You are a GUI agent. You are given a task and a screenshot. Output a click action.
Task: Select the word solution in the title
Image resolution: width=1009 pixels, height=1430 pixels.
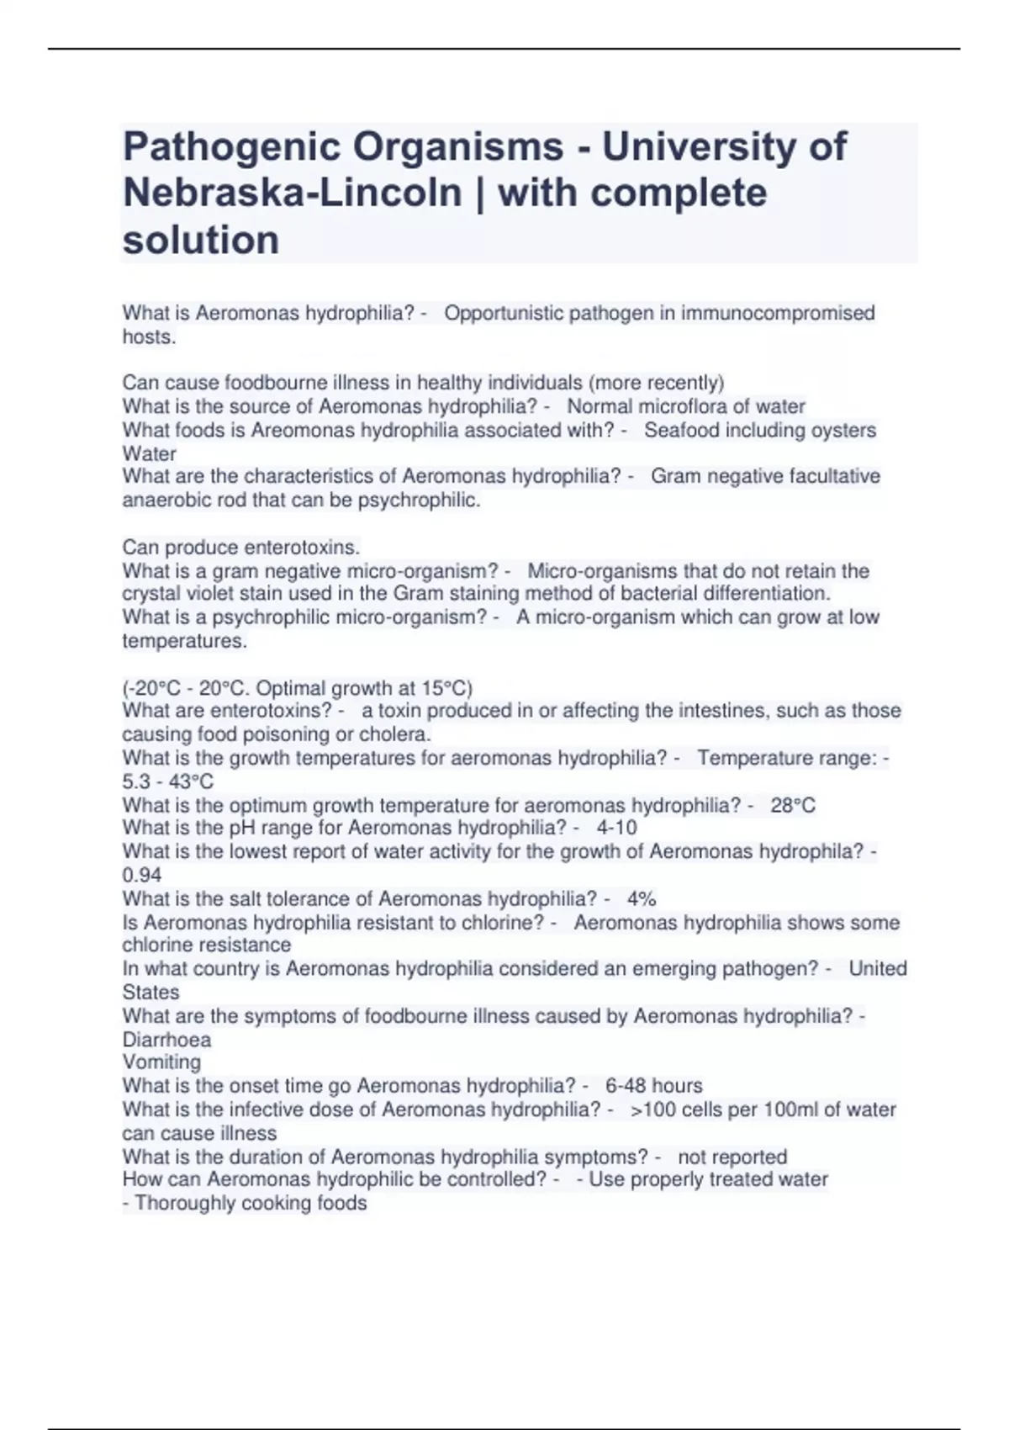(201, 240)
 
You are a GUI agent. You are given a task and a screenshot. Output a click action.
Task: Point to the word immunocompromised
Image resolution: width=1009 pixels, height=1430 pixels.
(778, 313)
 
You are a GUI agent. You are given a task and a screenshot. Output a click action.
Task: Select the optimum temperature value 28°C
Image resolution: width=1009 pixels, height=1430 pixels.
(793, 805)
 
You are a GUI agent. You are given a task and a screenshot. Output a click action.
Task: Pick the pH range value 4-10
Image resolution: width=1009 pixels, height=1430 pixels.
(616, 828)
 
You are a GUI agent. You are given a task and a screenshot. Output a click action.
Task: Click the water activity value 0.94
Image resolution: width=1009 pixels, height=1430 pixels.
(142, 875)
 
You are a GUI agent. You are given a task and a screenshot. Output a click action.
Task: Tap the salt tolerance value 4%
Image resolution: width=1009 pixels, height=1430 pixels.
(642, 898)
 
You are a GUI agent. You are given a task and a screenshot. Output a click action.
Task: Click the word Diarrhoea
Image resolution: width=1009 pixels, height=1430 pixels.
(166, 1039)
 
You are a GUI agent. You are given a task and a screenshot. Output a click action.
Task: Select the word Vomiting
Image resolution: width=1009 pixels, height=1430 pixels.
(161, 1062)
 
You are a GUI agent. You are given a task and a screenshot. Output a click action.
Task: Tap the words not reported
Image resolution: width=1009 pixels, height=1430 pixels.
(732, 1157)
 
